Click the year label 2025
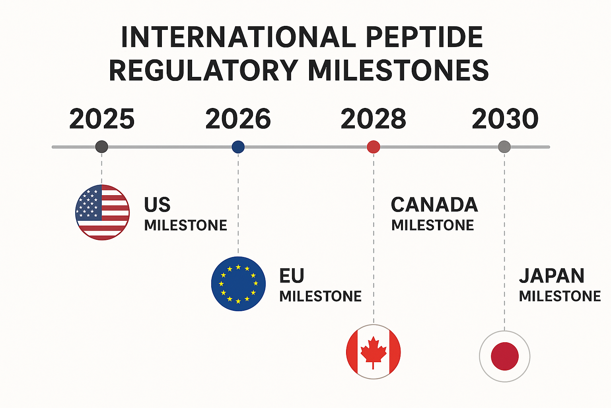(102, 119)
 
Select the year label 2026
(238, 119)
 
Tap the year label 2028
(373, 119)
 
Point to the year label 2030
(505, 119)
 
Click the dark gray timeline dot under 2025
(102, 147)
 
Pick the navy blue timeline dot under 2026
(238, 147)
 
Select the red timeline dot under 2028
(373, 147)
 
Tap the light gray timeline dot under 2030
(504, 147)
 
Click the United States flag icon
(103, 212)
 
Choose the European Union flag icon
(238, 284)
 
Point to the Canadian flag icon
(373, 352)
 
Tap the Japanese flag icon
(504, 356)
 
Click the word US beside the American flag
(157, 205)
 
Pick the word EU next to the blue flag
(292, 276)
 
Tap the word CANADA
(434, 205)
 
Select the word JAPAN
(551, 276)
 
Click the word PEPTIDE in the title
(424, 37)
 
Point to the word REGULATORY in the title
(203, 71)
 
